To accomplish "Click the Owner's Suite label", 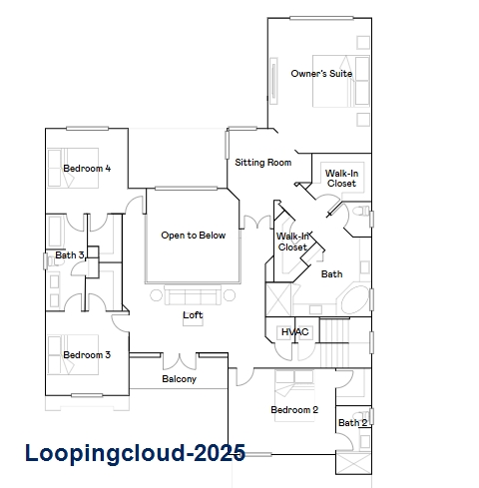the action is (321, 74).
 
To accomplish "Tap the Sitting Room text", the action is (263, 163).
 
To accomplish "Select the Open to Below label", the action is (194, 236).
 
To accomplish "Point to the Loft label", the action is (193, 314).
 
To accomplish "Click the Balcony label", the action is (179, 379).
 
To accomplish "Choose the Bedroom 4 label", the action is (87, 169).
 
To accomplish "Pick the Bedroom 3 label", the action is (87, 355).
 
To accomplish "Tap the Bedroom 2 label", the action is (294, 409).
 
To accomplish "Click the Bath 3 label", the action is (70, 255).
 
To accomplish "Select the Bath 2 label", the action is (353, 423).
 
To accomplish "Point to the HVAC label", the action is (294, 331).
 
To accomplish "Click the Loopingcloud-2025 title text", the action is (135, 453).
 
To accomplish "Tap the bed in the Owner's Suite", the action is (341, 81).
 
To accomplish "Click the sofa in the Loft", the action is (193, 294).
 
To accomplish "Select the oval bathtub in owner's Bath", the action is (355, 300).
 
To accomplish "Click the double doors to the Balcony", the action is (180, 361).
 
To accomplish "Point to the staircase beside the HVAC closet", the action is (334, 342).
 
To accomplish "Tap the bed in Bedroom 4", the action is (73, 168).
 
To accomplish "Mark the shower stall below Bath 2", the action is (353, 463).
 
